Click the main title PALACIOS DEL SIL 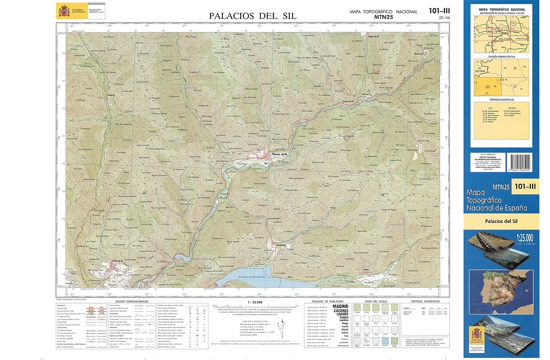click(x=253, y=16)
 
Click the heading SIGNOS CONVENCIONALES click(x=132, y=301)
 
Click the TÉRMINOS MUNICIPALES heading click(x=502, y=99)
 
